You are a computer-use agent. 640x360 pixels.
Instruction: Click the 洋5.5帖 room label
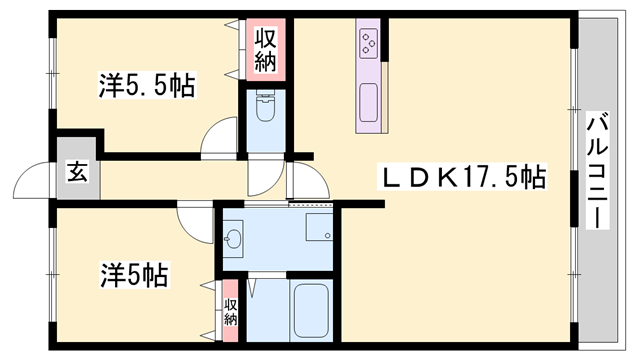pyautogui.click(x=147, y=85)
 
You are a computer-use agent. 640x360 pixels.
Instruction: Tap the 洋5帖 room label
pyautogui.click(x=134, y=275)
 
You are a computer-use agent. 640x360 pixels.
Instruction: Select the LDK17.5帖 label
pyautogui.click(x=462, y=177)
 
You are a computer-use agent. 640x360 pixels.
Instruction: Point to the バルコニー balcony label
pyautogui.click(x=598, y=170)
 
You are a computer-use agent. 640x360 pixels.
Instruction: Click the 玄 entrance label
pyautogui.click(x=78, y=172)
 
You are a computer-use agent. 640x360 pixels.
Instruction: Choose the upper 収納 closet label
pyautogui.click(x=265, y=50)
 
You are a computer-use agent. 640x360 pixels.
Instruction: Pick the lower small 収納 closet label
pyautogui.click(x=231, y=312)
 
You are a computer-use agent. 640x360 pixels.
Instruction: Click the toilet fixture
pyautogui.click(x=265, y=106)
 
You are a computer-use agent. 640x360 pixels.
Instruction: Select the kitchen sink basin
pyautogui.click(x=369, y=102)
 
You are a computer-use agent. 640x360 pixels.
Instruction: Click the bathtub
pyautogui.click(x=311, y=311)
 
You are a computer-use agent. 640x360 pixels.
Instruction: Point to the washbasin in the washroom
pyautogui.click(x=233, y=239)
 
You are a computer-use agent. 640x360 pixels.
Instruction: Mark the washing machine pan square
pyautogui.click(x=319, y=227)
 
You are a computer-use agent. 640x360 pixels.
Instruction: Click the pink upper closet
pyautogui.click(x=265, y=49)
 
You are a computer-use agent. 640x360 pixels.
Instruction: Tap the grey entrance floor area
pyautogui.click(x=78, y=168)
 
